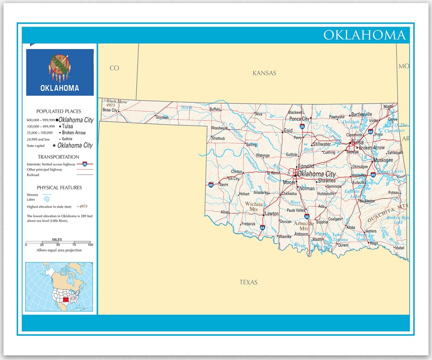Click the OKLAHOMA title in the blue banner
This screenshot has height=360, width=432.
click(x=364, y=35)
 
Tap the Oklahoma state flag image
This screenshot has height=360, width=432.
click(x=60, y=72)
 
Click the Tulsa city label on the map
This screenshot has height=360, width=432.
click(x=357, y=142)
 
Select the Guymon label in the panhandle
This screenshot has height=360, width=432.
click(x=162, y=118)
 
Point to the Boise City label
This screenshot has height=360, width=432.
click(x=110, y=110)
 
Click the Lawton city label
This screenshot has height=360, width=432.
click(x=272, y=214)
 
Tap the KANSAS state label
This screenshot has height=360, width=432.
click(x=264, y=73)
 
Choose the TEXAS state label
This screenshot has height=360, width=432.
click(x=248, y=282)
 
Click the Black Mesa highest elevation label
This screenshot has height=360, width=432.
click(x=116, y=102)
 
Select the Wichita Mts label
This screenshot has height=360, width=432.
click(x=254, y=206)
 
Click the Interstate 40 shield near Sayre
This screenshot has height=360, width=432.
click(x=211, y=185)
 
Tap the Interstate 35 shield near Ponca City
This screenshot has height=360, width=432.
click(x=302, y=126)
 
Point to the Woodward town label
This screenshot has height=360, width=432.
click(x=219, y=128)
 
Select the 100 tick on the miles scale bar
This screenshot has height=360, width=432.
click(x=90, y=244)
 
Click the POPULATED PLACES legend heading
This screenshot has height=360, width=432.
click(x=59, y=112)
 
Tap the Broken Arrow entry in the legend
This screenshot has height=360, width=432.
click(x=74, y=133)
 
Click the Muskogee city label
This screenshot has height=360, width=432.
click(x=383, y=160)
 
